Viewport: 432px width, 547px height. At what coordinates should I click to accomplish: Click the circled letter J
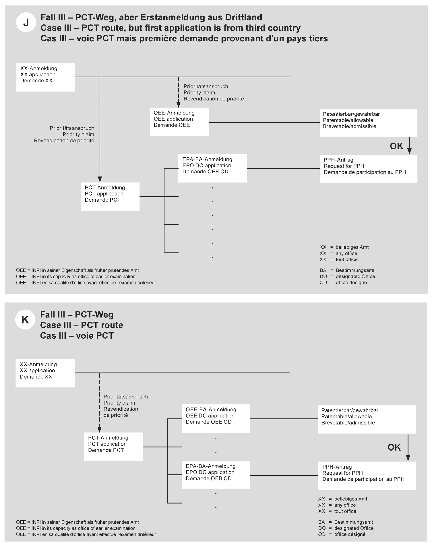[26, 22]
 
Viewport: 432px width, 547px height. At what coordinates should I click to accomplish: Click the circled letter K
[25, 319]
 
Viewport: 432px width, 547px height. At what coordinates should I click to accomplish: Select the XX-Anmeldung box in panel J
[45, 77]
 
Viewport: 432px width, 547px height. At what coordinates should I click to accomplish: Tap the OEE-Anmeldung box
[179, 122]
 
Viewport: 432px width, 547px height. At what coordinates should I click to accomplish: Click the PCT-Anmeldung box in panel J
[110, 197]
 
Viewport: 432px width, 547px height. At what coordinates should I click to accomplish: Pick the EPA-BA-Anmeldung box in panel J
[212, 168]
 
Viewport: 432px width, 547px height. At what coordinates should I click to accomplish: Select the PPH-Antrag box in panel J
[368, 169]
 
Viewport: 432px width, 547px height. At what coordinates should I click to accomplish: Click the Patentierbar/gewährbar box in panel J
[368, 123]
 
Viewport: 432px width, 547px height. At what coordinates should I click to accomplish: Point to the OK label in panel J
[396, 146]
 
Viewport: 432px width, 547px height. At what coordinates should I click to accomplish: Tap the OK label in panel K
[394, 447]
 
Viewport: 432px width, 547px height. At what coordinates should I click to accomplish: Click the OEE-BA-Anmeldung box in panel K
[216, 418]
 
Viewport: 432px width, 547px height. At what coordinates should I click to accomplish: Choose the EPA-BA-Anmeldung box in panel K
[216, 475]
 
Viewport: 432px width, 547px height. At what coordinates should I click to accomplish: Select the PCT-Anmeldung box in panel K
[113, 447]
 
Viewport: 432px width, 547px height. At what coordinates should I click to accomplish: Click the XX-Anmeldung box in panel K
[45, 373]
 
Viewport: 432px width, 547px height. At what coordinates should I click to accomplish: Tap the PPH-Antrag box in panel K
[367, 476]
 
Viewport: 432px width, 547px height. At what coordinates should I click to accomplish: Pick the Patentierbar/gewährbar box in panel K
[367, 419]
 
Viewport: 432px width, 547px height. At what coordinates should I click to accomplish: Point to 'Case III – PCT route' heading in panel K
[82, 325]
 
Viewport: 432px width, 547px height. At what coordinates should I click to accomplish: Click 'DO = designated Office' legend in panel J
[347, 276]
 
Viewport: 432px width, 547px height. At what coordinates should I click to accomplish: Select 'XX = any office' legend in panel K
[337, 505]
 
